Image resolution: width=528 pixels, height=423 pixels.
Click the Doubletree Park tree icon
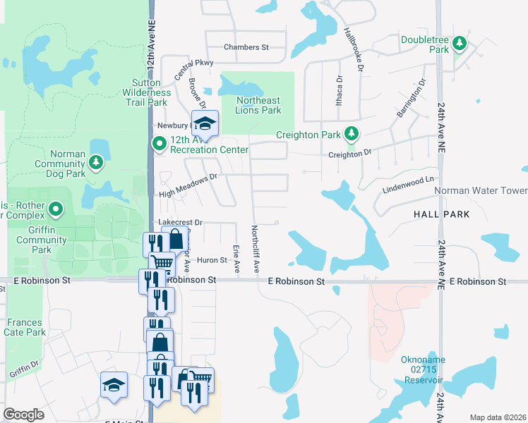460,43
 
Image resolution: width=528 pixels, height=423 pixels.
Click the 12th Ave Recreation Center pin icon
160,145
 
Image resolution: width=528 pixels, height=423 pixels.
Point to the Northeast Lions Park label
258,105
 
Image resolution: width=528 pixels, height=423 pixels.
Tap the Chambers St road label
246,47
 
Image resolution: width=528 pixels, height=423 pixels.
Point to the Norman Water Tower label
480,191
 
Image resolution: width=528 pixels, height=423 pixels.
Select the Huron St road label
211,260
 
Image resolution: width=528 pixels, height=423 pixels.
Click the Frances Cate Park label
25,327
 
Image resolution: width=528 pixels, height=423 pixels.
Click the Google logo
24,415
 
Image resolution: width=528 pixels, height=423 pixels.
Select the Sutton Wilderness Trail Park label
146,92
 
